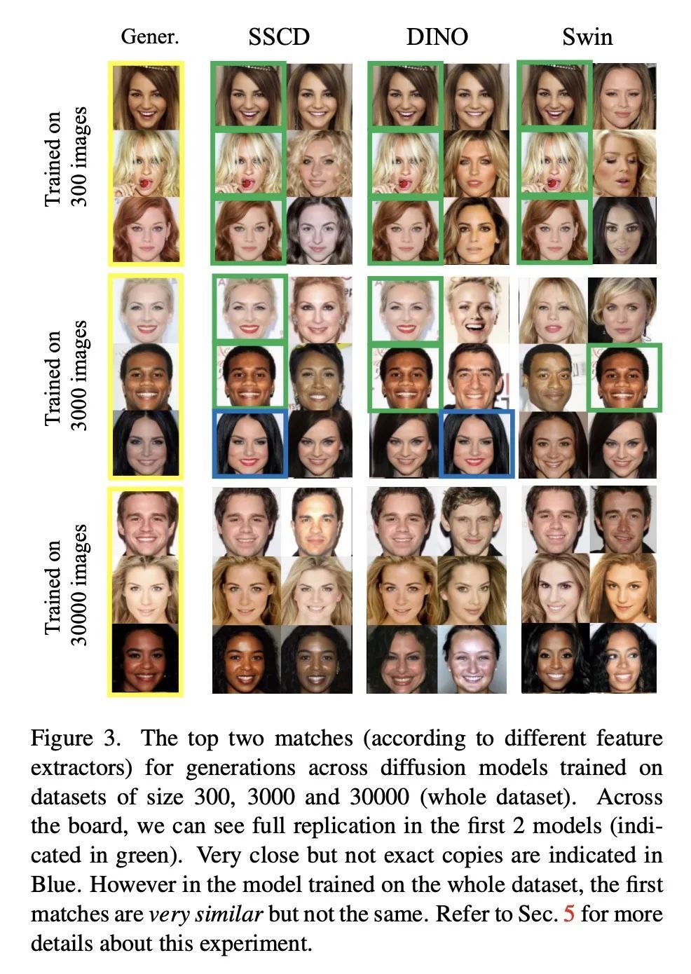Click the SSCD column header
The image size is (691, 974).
point(279,36)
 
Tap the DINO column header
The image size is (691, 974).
point(437,36)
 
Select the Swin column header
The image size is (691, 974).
point(587,36)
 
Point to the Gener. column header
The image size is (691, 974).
point(150,36)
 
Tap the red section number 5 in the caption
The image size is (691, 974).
point(568,914)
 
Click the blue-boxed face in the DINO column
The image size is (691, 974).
point(477,444)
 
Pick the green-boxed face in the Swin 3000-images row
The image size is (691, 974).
point(624,378)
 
